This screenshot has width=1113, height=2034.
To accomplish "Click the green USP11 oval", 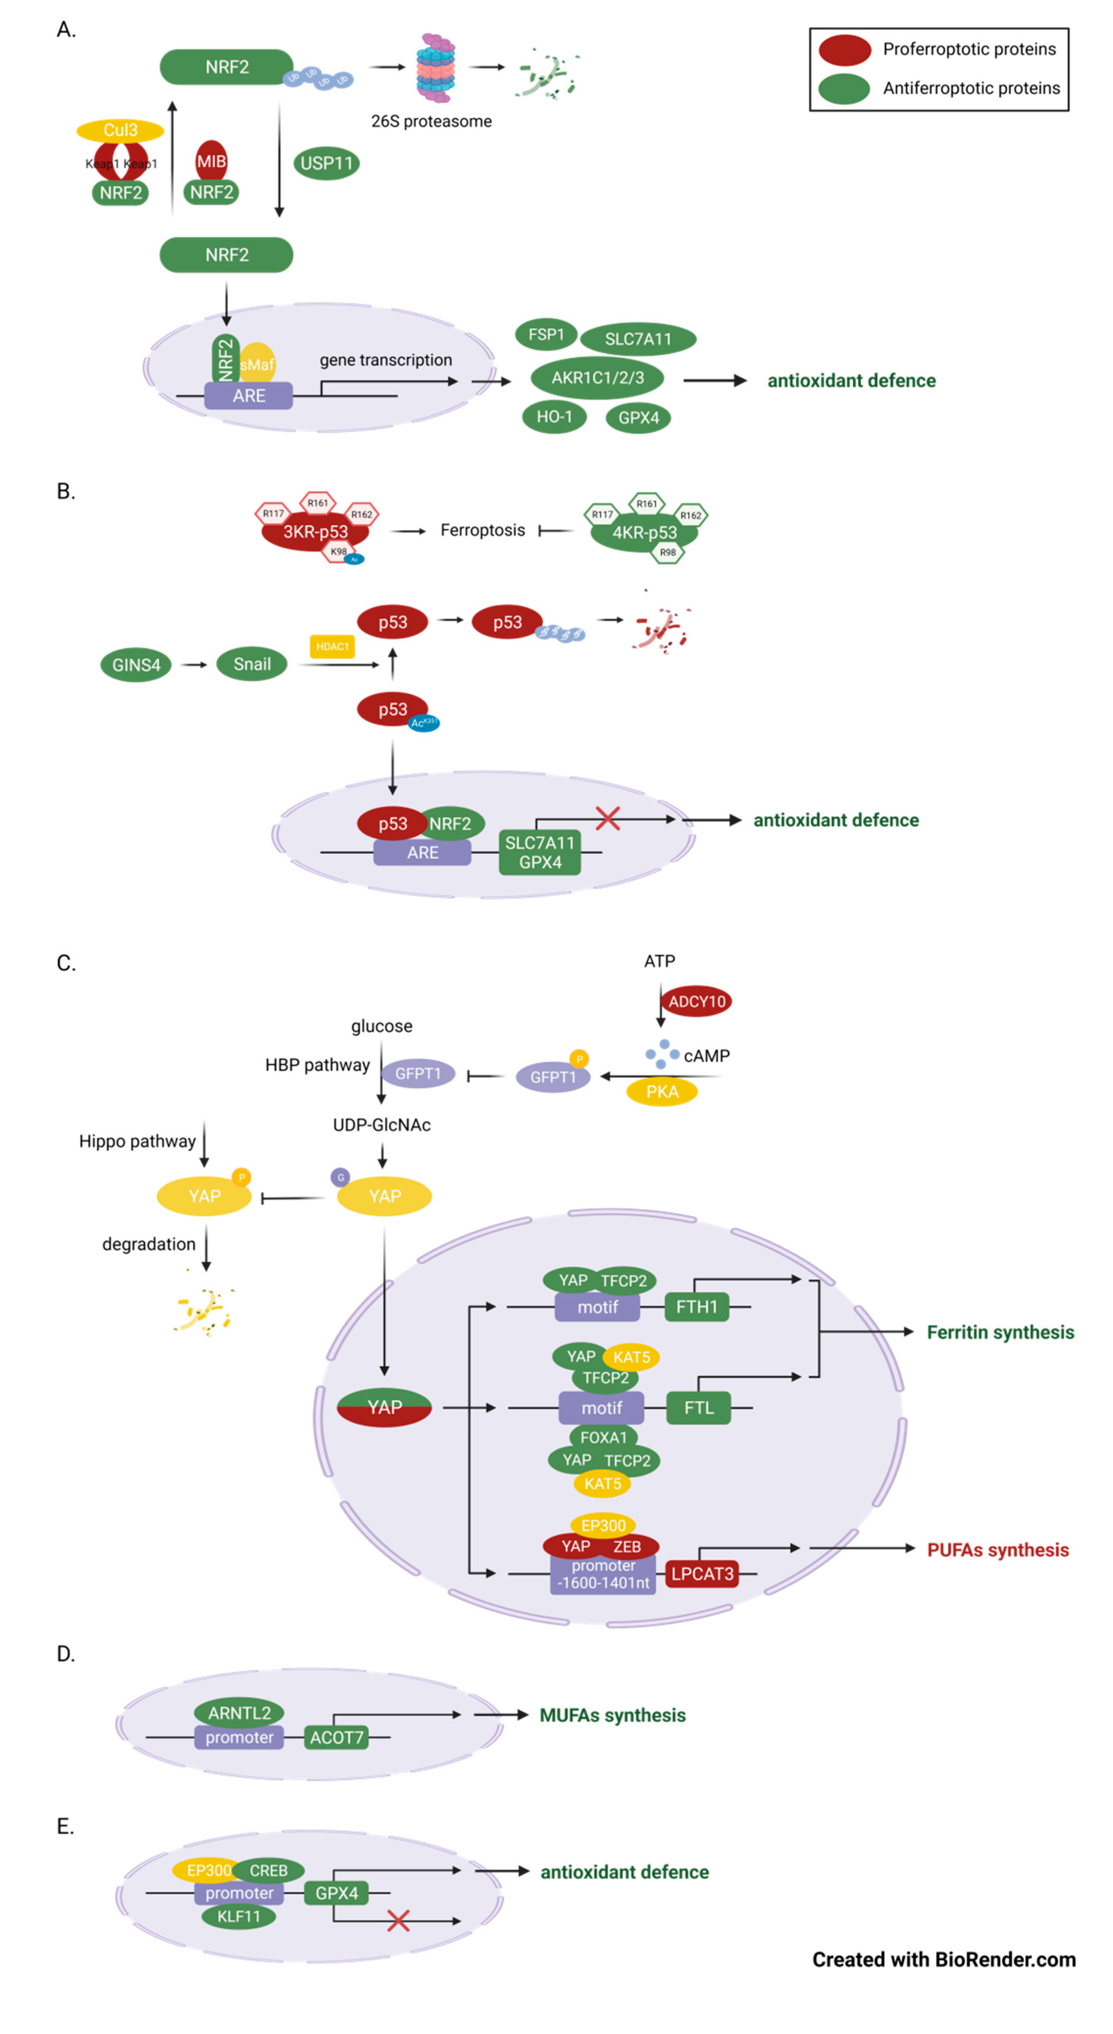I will click(x=326, y=163).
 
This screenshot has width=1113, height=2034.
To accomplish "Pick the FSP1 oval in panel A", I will click(x=546, y=335).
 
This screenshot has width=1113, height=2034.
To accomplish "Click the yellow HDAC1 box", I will click(x=332, y=646).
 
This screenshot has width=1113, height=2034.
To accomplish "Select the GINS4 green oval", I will click(x=136, y=665).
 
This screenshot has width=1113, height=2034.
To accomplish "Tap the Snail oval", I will click(x=252, y=664).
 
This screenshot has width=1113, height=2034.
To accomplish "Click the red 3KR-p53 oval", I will click(x=315, y=531).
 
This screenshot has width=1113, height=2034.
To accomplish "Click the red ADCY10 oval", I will click(x=696, y=1001).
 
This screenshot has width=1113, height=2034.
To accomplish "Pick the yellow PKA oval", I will click(x=662, y=1091).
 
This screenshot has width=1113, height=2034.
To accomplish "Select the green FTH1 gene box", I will click(x=696, y=1307).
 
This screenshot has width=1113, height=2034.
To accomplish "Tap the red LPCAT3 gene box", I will click(x=702, y=1574).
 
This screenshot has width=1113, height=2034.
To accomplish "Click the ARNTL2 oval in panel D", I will click(x=239, y=1713).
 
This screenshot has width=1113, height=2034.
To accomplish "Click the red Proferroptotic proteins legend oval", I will click(x=844, y=50).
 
